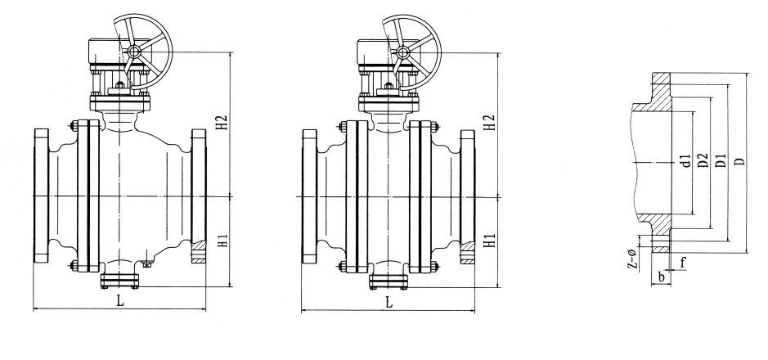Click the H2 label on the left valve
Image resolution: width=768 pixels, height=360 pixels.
click(x=222, y=123)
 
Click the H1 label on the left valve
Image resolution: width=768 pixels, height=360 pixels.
click(x=222, y=241)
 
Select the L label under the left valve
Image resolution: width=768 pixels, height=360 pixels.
click(x=120, y=301)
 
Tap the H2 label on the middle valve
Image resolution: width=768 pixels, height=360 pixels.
click(x=490, y=123)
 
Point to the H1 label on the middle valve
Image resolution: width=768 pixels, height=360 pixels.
click(x=490, y=241)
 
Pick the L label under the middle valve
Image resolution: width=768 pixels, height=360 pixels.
click(x=388, y=302)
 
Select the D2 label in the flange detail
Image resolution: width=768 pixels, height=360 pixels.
click(x=703, y=160)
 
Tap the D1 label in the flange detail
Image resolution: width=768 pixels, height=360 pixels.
click(x=721, y=160)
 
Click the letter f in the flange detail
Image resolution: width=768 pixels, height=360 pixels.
click(x=683, y=263)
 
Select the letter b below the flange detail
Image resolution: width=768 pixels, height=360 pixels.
click(x=661, y=277)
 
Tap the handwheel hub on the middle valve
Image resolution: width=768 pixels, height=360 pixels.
click(x=403, y=52)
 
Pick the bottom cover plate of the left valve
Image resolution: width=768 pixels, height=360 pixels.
click(x=119, y=281)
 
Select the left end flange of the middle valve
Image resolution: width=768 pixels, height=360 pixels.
click(x=309, y=196)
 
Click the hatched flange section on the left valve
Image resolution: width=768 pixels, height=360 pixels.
click(x=199, y=252)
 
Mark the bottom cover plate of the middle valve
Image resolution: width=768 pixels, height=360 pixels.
click(x=388, y=281)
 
